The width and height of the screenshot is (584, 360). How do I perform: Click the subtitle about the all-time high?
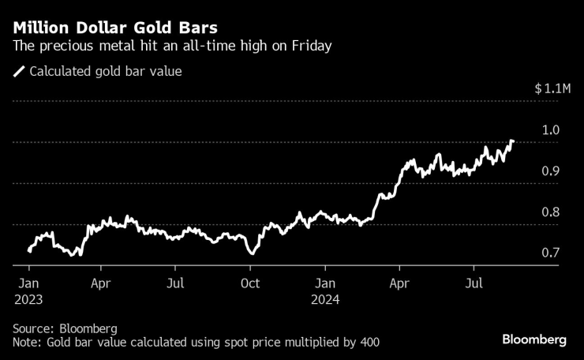point(172,47)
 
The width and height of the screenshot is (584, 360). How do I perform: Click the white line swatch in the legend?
point(19,72)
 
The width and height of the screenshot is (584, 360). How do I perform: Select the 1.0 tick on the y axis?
point(551,130)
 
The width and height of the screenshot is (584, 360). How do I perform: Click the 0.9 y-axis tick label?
point(551,171)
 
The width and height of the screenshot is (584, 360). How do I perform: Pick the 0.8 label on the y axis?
point(551,212)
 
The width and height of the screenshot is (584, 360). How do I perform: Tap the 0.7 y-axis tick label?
point(551,253)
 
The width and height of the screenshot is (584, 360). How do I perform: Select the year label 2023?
point(28,300)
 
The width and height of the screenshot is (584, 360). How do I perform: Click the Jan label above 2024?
point(325,282)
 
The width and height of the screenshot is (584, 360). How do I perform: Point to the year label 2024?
point(325,300)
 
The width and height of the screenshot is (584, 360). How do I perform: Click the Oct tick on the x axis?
point(250,282)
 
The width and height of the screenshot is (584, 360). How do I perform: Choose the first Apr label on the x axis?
point(100,282)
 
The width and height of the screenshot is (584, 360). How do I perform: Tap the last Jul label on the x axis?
point(474,282)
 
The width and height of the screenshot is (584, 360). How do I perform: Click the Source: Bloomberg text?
point(65,328)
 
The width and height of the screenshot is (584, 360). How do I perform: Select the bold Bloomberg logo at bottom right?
point(534,339)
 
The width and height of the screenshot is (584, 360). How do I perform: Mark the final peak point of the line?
point(512,141)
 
